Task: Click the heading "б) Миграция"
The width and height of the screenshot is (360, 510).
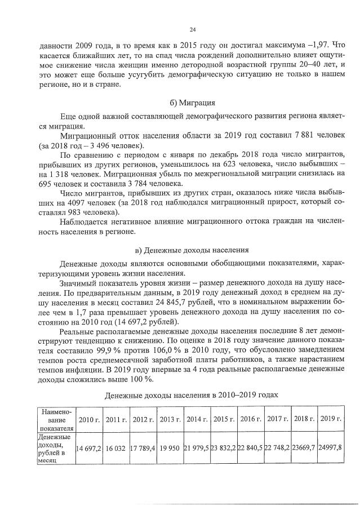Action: point(192,103)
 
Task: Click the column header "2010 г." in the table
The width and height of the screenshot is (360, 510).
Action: point(89,420)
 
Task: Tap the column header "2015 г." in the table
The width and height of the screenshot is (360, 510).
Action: point(223,420)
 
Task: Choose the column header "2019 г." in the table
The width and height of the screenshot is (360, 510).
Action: point(331,420)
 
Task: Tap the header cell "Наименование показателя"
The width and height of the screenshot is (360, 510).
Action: point(55,420)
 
